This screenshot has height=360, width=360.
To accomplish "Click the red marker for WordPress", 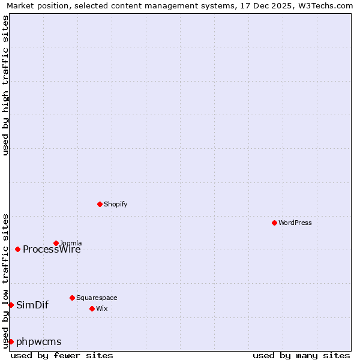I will click(x=274, y=223).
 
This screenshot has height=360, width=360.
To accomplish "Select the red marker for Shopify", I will click(x=100, y=204).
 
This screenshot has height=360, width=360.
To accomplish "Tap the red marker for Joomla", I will click(x=56, y=243).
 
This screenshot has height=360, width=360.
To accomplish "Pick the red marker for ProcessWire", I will click(x=17, y=249).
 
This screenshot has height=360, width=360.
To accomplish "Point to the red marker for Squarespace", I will click(x=72, y=298).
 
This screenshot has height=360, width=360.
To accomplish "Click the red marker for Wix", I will click(x=92, y=308).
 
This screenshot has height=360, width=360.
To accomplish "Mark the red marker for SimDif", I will click(x=11, y=305).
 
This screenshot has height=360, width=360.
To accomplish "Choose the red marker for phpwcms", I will click(x=11, y=341).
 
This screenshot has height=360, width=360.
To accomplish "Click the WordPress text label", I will click(x=295, y=223).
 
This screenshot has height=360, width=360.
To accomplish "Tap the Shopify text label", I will click(x=115, y=204).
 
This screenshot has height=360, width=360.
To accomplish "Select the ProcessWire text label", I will click(x=52, y=250).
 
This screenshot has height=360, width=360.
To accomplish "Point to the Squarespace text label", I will click(x=97, y=298).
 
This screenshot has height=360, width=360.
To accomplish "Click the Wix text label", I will click(x=101, y=308).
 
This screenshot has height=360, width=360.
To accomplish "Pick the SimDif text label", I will click(x=32, y=305).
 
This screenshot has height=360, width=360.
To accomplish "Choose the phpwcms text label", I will click(x=39, y=342).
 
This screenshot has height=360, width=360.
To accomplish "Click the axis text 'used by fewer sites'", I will click(x=62, y=355).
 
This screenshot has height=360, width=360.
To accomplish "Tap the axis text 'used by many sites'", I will click(x=301, y=355).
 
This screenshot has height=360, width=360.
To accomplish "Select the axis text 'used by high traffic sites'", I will click(x=5, y=85).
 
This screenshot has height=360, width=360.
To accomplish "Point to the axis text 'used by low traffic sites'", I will click(x=5, y=280).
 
